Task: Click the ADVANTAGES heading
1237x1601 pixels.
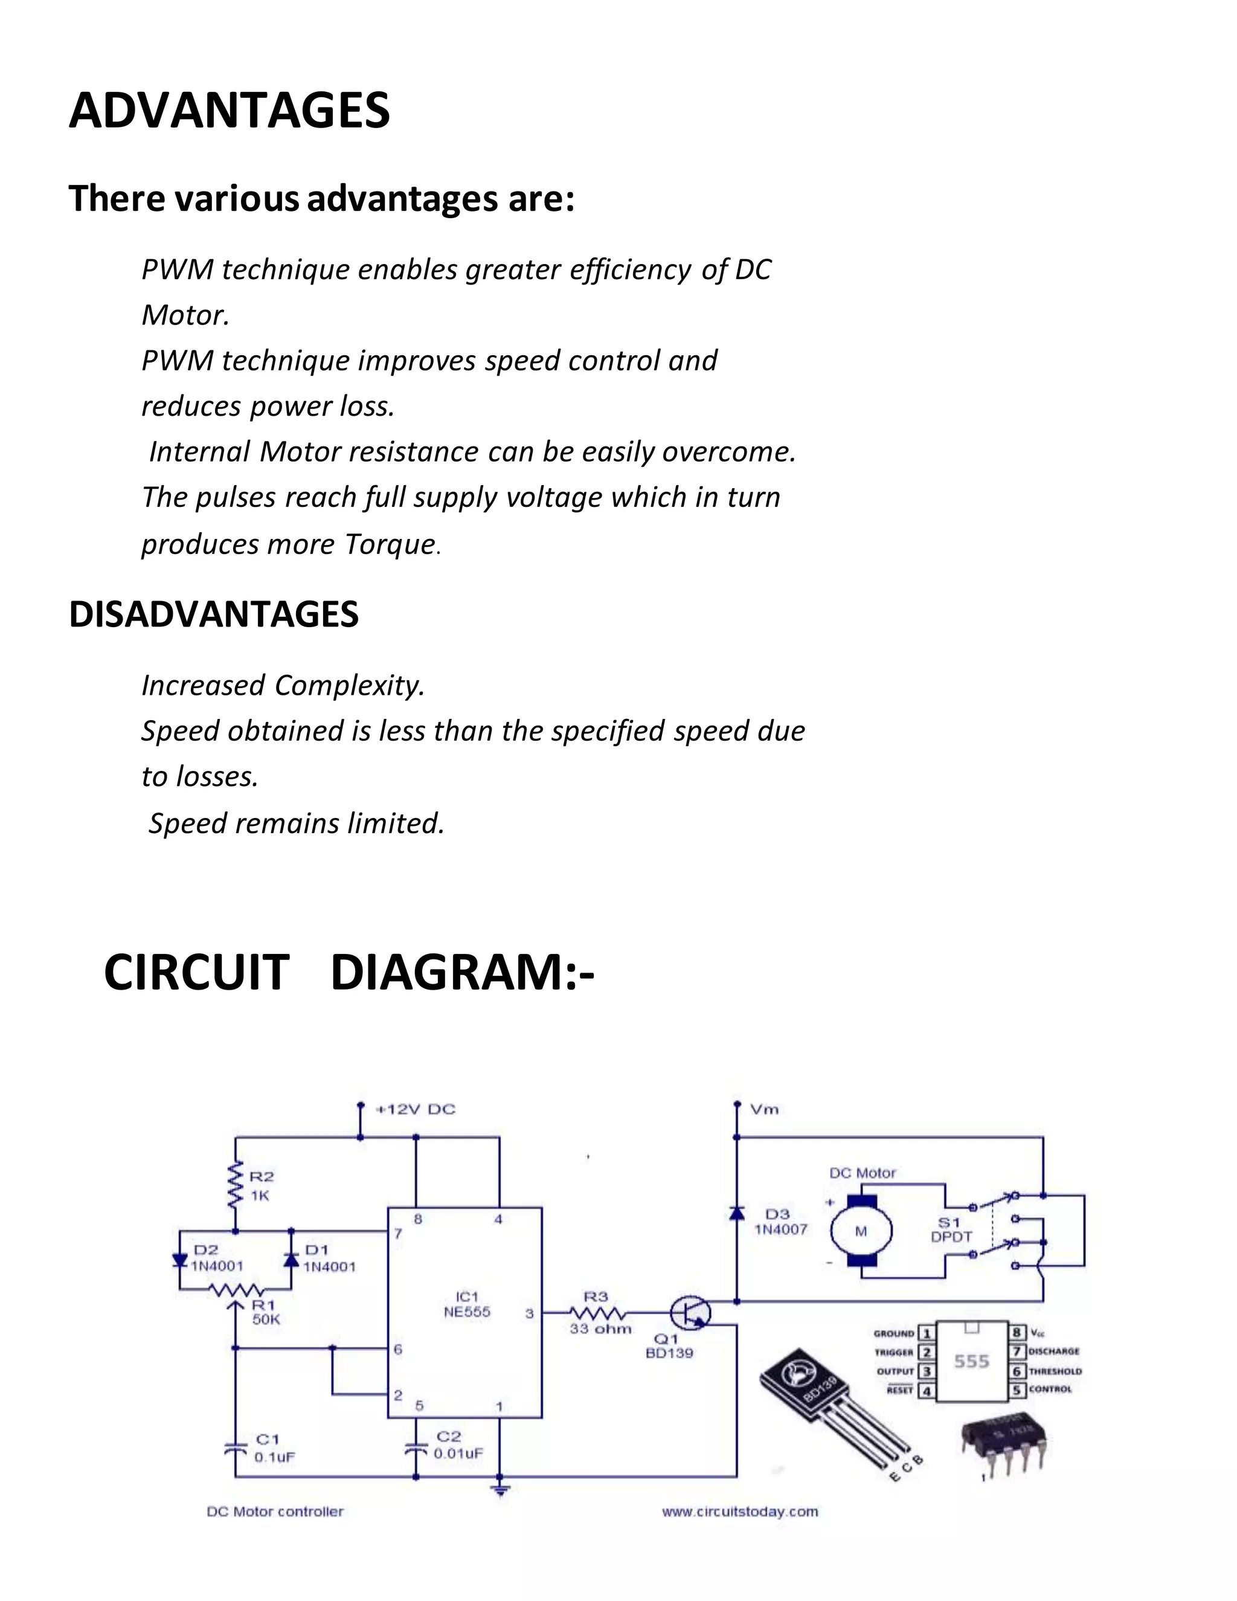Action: click(230, 111)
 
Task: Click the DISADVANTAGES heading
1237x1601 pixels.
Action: click(213, 614)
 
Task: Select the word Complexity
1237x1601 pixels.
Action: click(349, 686)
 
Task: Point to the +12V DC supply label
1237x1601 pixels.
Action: click(415, 1109)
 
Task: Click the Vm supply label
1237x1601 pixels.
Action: click(763, 1109)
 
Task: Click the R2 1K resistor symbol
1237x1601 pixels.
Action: click(235, 1186)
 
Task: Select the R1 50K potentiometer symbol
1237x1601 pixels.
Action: click(235, 1290)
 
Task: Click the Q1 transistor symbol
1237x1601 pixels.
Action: click(691, 1313)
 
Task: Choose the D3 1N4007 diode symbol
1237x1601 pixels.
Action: click(736, 1214)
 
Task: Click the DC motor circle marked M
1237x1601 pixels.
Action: click(861, 1232)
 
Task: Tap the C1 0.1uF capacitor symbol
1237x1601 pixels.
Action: click(235, 1449)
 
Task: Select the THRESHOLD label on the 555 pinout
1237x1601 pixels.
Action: click(1055, 1371)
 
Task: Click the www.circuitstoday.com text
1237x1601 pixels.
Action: click(739, 1512)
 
